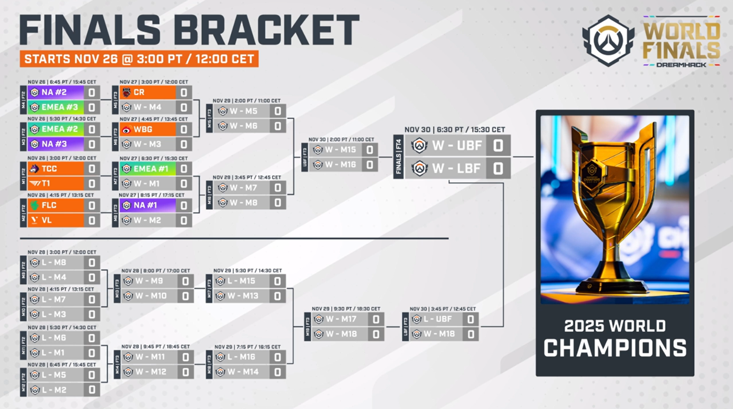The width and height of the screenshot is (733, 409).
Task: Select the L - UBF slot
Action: tap(436, 319)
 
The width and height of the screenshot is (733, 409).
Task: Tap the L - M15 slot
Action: tap(242, 281)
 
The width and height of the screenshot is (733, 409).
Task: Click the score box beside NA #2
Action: tap(92, 92)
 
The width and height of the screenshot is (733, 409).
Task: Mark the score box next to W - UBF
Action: tap(498, 146)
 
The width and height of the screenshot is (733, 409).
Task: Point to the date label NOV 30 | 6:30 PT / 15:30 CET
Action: tap(454, 129)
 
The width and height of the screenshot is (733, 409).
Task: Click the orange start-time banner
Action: tap(139, 59)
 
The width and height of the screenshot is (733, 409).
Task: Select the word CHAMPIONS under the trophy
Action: tap(615, 348)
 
